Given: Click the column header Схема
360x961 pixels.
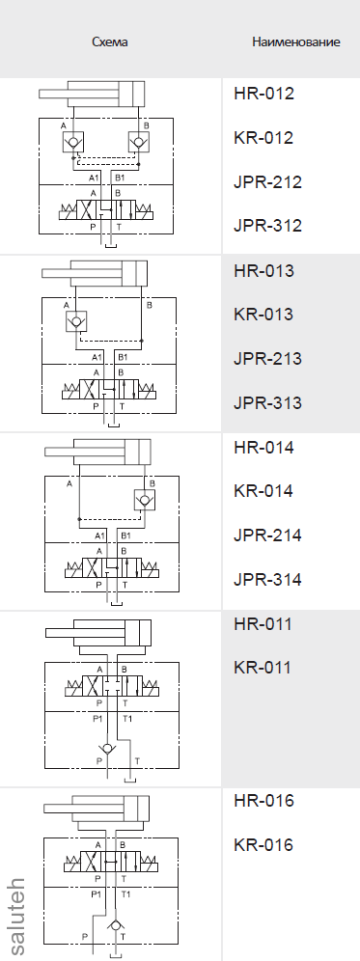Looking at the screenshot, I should [x=110, y=42].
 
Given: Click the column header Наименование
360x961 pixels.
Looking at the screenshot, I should [x=295, y=42].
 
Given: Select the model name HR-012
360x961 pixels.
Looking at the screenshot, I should [x=263, y=94].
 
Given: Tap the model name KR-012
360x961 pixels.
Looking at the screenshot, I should [x=263, y=138].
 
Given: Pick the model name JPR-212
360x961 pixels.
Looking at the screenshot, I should [x=268, y=182].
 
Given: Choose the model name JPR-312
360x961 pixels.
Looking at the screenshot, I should [x=268, y=227].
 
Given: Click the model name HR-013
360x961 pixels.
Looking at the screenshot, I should [x=263, y=270].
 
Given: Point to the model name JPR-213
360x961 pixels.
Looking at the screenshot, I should [x=268, y=359].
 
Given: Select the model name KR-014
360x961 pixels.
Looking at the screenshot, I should [x=263, y=491].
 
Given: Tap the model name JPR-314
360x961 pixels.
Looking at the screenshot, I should [x=268, y=580].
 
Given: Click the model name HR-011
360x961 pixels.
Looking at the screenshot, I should [x=263, y=623].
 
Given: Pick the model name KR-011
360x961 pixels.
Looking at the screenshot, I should [x=263, y=668].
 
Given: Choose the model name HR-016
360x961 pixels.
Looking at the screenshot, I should [x=263, y=801].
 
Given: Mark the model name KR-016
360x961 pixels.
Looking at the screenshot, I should [x=263, y=845].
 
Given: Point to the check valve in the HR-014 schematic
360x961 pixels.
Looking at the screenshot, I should [x=144, y=499].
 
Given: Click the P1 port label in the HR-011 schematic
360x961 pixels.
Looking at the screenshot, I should [x=97, y=719].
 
